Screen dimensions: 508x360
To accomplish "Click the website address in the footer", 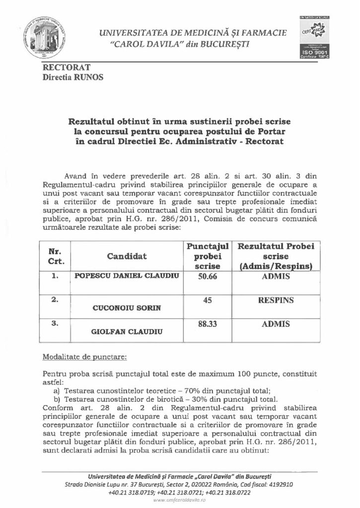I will tap(180, 501).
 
